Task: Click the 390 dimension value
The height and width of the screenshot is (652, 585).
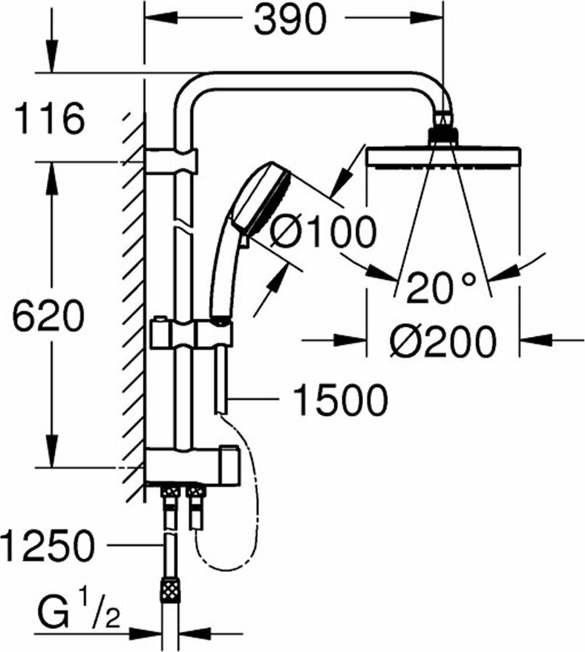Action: pos(290,19)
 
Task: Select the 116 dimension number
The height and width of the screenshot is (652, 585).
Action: pos(50,120)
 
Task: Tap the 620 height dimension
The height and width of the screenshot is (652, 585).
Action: pos(48,315)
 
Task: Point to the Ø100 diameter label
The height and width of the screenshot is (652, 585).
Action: pos(323,231)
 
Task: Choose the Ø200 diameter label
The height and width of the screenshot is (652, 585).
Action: pos(443,342)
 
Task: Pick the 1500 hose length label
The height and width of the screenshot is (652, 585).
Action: pos(340,400)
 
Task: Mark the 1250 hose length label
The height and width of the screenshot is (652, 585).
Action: pos(48,545)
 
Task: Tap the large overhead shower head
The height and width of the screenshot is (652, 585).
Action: pos(443,158)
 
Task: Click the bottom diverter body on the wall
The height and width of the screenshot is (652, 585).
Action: pos(192,465)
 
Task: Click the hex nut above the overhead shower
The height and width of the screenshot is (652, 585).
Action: pos(443,136)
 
